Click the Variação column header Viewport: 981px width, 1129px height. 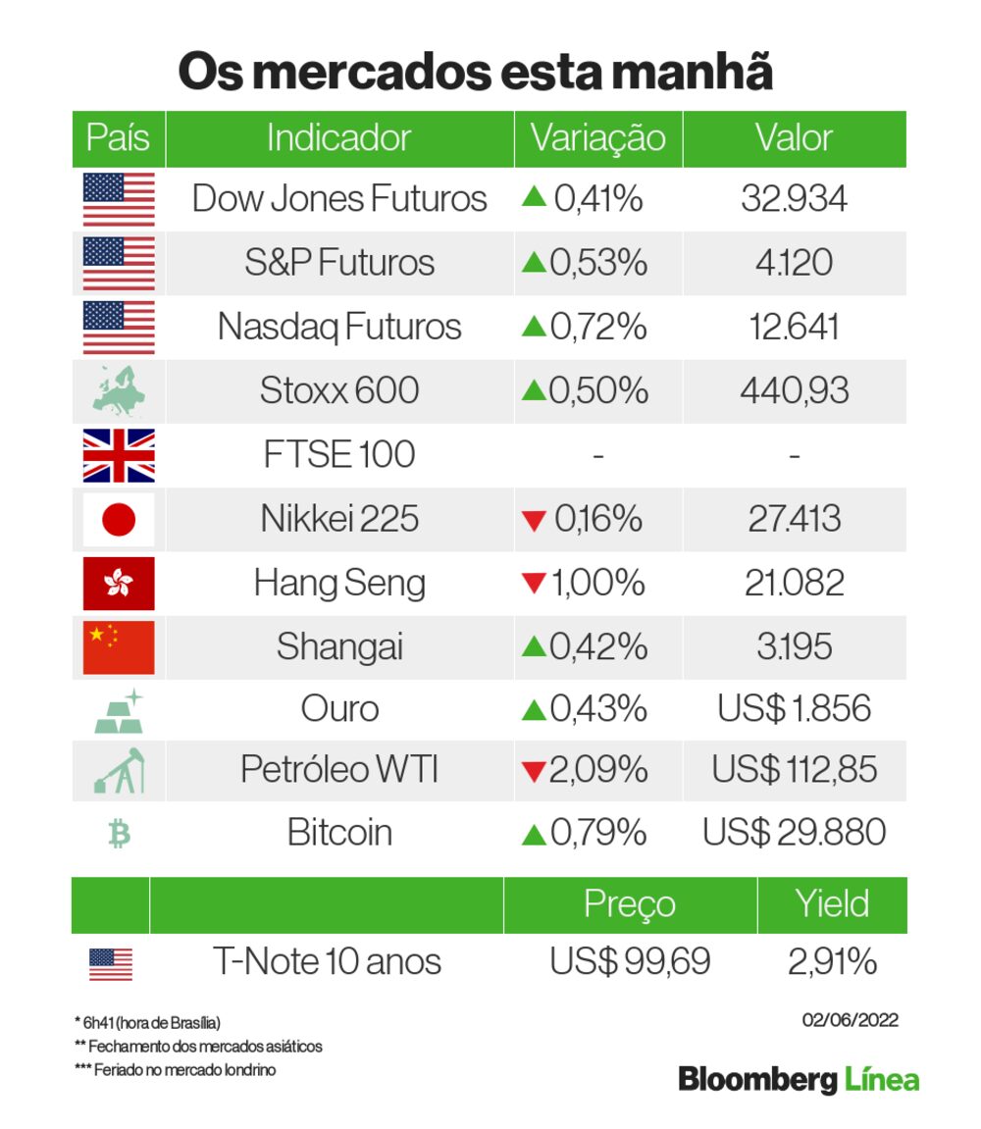(x=597, y=138)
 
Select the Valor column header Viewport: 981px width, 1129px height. (x=794, y=138)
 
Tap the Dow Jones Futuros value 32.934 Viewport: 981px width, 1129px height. (x=794, y=199)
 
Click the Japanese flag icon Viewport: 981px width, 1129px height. (x=119, y=518)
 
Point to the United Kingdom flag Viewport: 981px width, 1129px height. (x=119, y=455)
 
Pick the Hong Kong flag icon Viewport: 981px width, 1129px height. (x=119, y=583)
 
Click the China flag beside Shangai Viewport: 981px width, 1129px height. (x=119, y=646)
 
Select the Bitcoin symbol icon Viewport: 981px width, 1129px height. (x=119, y=834)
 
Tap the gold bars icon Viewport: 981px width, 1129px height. (x=119, y=710)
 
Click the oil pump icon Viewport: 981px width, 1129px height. (x=119, y=771)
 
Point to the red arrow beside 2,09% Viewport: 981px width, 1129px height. (x=533, y=773)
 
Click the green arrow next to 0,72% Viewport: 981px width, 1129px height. (x=533, y=326)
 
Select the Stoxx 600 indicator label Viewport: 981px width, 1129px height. (x=339, y=390)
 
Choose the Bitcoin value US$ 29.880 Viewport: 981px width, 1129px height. (x=794, y=833)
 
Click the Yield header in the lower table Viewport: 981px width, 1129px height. (x=832, y=903)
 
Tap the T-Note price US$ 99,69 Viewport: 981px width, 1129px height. (x=630, y=962)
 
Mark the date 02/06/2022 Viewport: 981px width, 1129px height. (x=850, y=1020)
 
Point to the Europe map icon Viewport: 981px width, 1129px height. (x=119, y=390)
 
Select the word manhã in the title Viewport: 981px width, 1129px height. (x=691, y=74)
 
